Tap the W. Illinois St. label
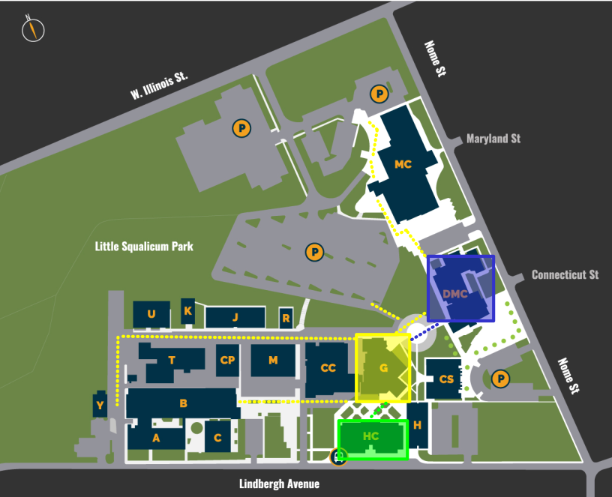click(158, 87)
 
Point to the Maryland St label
click(493, 139)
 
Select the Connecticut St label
click(565, 274)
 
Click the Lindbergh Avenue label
click(279, 484)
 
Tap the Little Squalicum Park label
click(145, 246)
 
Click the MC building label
click(403, 164)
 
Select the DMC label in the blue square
click(455, 293)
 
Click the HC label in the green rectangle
click(370, 436)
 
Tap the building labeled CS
click(446, 379)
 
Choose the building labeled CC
click(328, 368)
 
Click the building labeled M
click(273, 361)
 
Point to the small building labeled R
click(286, 318)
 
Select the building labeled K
click(187, 311)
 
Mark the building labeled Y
click(100, 405)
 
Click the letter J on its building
click(235, 318)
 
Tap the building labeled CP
click(228, 361)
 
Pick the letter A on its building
click(156, 438)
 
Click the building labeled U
click(151, 314)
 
